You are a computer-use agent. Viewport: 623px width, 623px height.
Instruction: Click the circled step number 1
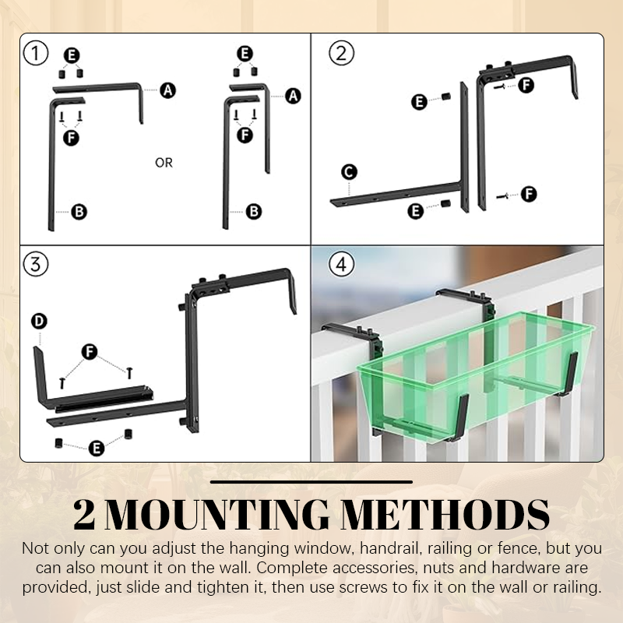point(36,54)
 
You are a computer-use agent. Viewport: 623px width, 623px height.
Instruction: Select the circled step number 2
point(340,54)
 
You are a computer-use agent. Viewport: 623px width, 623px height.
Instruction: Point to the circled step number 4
point(340,264)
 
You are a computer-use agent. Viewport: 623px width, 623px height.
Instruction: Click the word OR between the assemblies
point(164,163)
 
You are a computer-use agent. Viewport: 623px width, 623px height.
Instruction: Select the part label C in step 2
point(350,171)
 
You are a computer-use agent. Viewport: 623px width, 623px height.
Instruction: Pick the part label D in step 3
point(38,321)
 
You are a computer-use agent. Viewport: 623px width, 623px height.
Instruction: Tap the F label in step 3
point(90,353)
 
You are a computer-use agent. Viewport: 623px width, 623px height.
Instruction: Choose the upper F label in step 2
point(526,86)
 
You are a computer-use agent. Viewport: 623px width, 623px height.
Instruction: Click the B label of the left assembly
point(79,210)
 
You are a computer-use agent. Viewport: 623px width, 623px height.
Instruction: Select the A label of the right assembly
point(293,96)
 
